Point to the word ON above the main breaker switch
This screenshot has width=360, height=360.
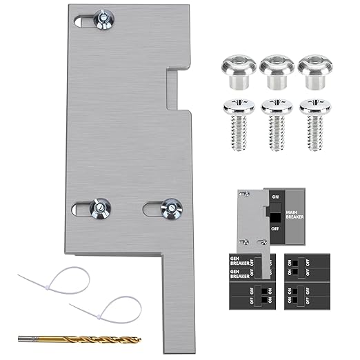pyautogui.click(x=275, y=197)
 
